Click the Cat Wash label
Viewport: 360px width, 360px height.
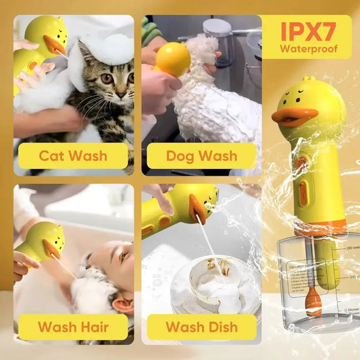72,156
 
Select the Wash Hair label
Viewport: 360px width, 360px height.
72,328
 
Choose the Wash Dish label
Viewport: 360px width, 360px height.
201,328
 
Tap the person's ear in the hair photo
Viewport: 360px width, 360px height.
124,305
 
